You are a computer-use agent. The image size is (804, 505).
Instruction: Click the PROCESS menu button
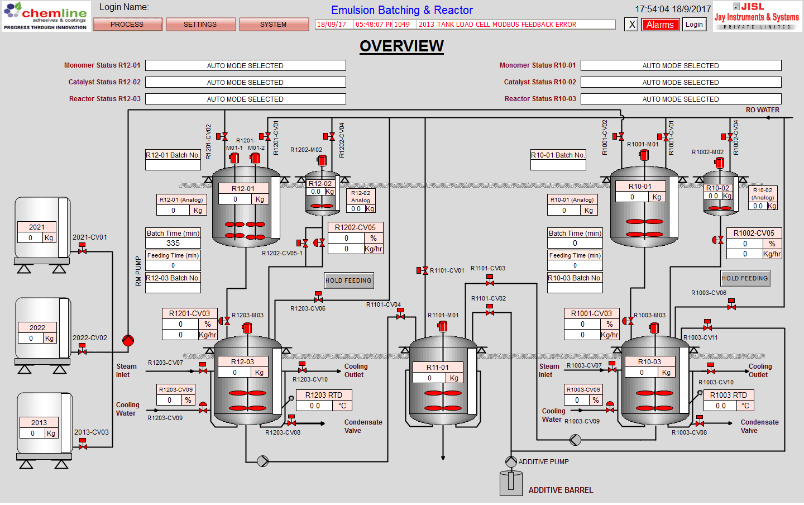point(127,25)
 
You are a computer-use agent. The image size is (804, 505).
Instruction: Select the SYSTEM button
point(274,25)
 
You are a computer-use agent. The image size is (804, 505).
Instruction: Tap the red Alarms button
point(660,25)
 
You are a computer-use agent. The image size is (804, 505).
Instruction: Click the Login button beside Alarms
point(694,25)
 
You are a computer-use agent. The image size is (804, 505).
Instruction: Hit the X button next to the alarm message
point(631,25)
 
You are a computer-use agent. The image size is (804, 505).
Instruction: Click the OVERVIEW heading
point(401,46)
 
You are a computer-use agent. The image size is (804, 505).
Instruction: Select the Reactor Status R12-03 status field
point(245,99)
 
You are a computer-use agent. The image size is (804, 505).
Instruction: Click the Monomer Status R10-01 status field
point(681,65)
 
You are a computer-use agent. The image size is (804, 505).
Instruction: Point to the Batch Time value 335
point(173,243)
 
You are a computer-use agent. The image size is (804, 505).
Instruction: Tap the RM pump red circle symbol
point(128,340)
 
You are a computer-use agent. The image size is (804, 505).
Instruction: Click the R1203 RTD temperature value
point(315,406)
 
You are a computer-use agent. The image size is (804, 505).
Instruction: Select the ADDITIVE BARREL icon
point(511,483)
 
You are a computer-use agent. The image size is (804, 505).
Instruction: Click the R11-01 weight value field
point(429,378)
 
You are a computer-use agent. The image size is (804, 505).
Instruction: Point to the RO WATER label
point(762,110)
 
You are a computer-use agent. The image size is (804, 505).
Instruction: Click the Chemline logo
point(45,16)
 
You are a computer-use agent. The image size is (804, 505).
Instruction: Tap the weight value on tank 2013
point(32,433)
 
